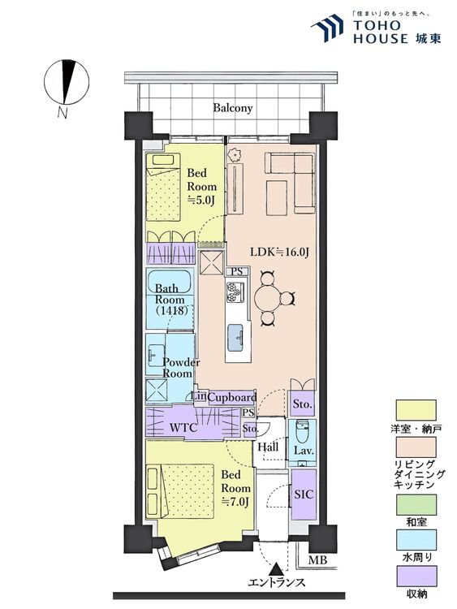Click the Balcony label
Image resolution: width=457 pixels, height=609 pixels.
pos(233,107)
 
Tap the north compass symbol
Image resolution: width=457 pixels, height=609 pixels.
pos(67,82)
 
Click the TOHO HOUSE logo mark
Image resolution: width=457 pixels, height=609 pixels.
pos(327,27)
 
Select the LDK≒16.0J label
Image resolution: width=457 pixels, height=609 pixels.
pos(279,252)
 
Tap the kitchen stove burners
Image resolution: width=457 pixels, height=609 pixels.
pos(234,292)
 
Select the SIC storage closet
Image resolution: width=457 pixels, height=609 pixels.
pos(304,494)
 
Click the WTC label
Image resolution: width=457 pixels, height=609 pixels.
pos(184,429)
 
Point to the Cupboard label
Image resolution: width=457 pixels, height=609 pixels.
pos(232,397)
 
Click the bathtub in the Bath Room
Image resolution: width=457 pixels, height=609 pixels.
pos(170,281)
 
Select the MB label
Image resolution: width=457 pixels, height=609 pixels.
pos(317,560)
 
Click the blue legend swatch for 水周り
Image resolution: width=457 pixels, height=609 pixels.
pos(416,540)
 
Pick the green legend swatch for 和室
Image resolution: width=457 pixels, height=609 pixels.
pos(416,504)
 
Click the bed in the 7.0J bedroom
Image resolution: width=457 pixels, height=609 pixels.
pos(180,491)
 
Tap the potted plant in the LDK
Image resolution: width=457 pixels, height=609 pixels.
pos(235,155)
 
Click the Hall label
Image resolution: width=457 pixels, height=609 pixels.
pos(268,447)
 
